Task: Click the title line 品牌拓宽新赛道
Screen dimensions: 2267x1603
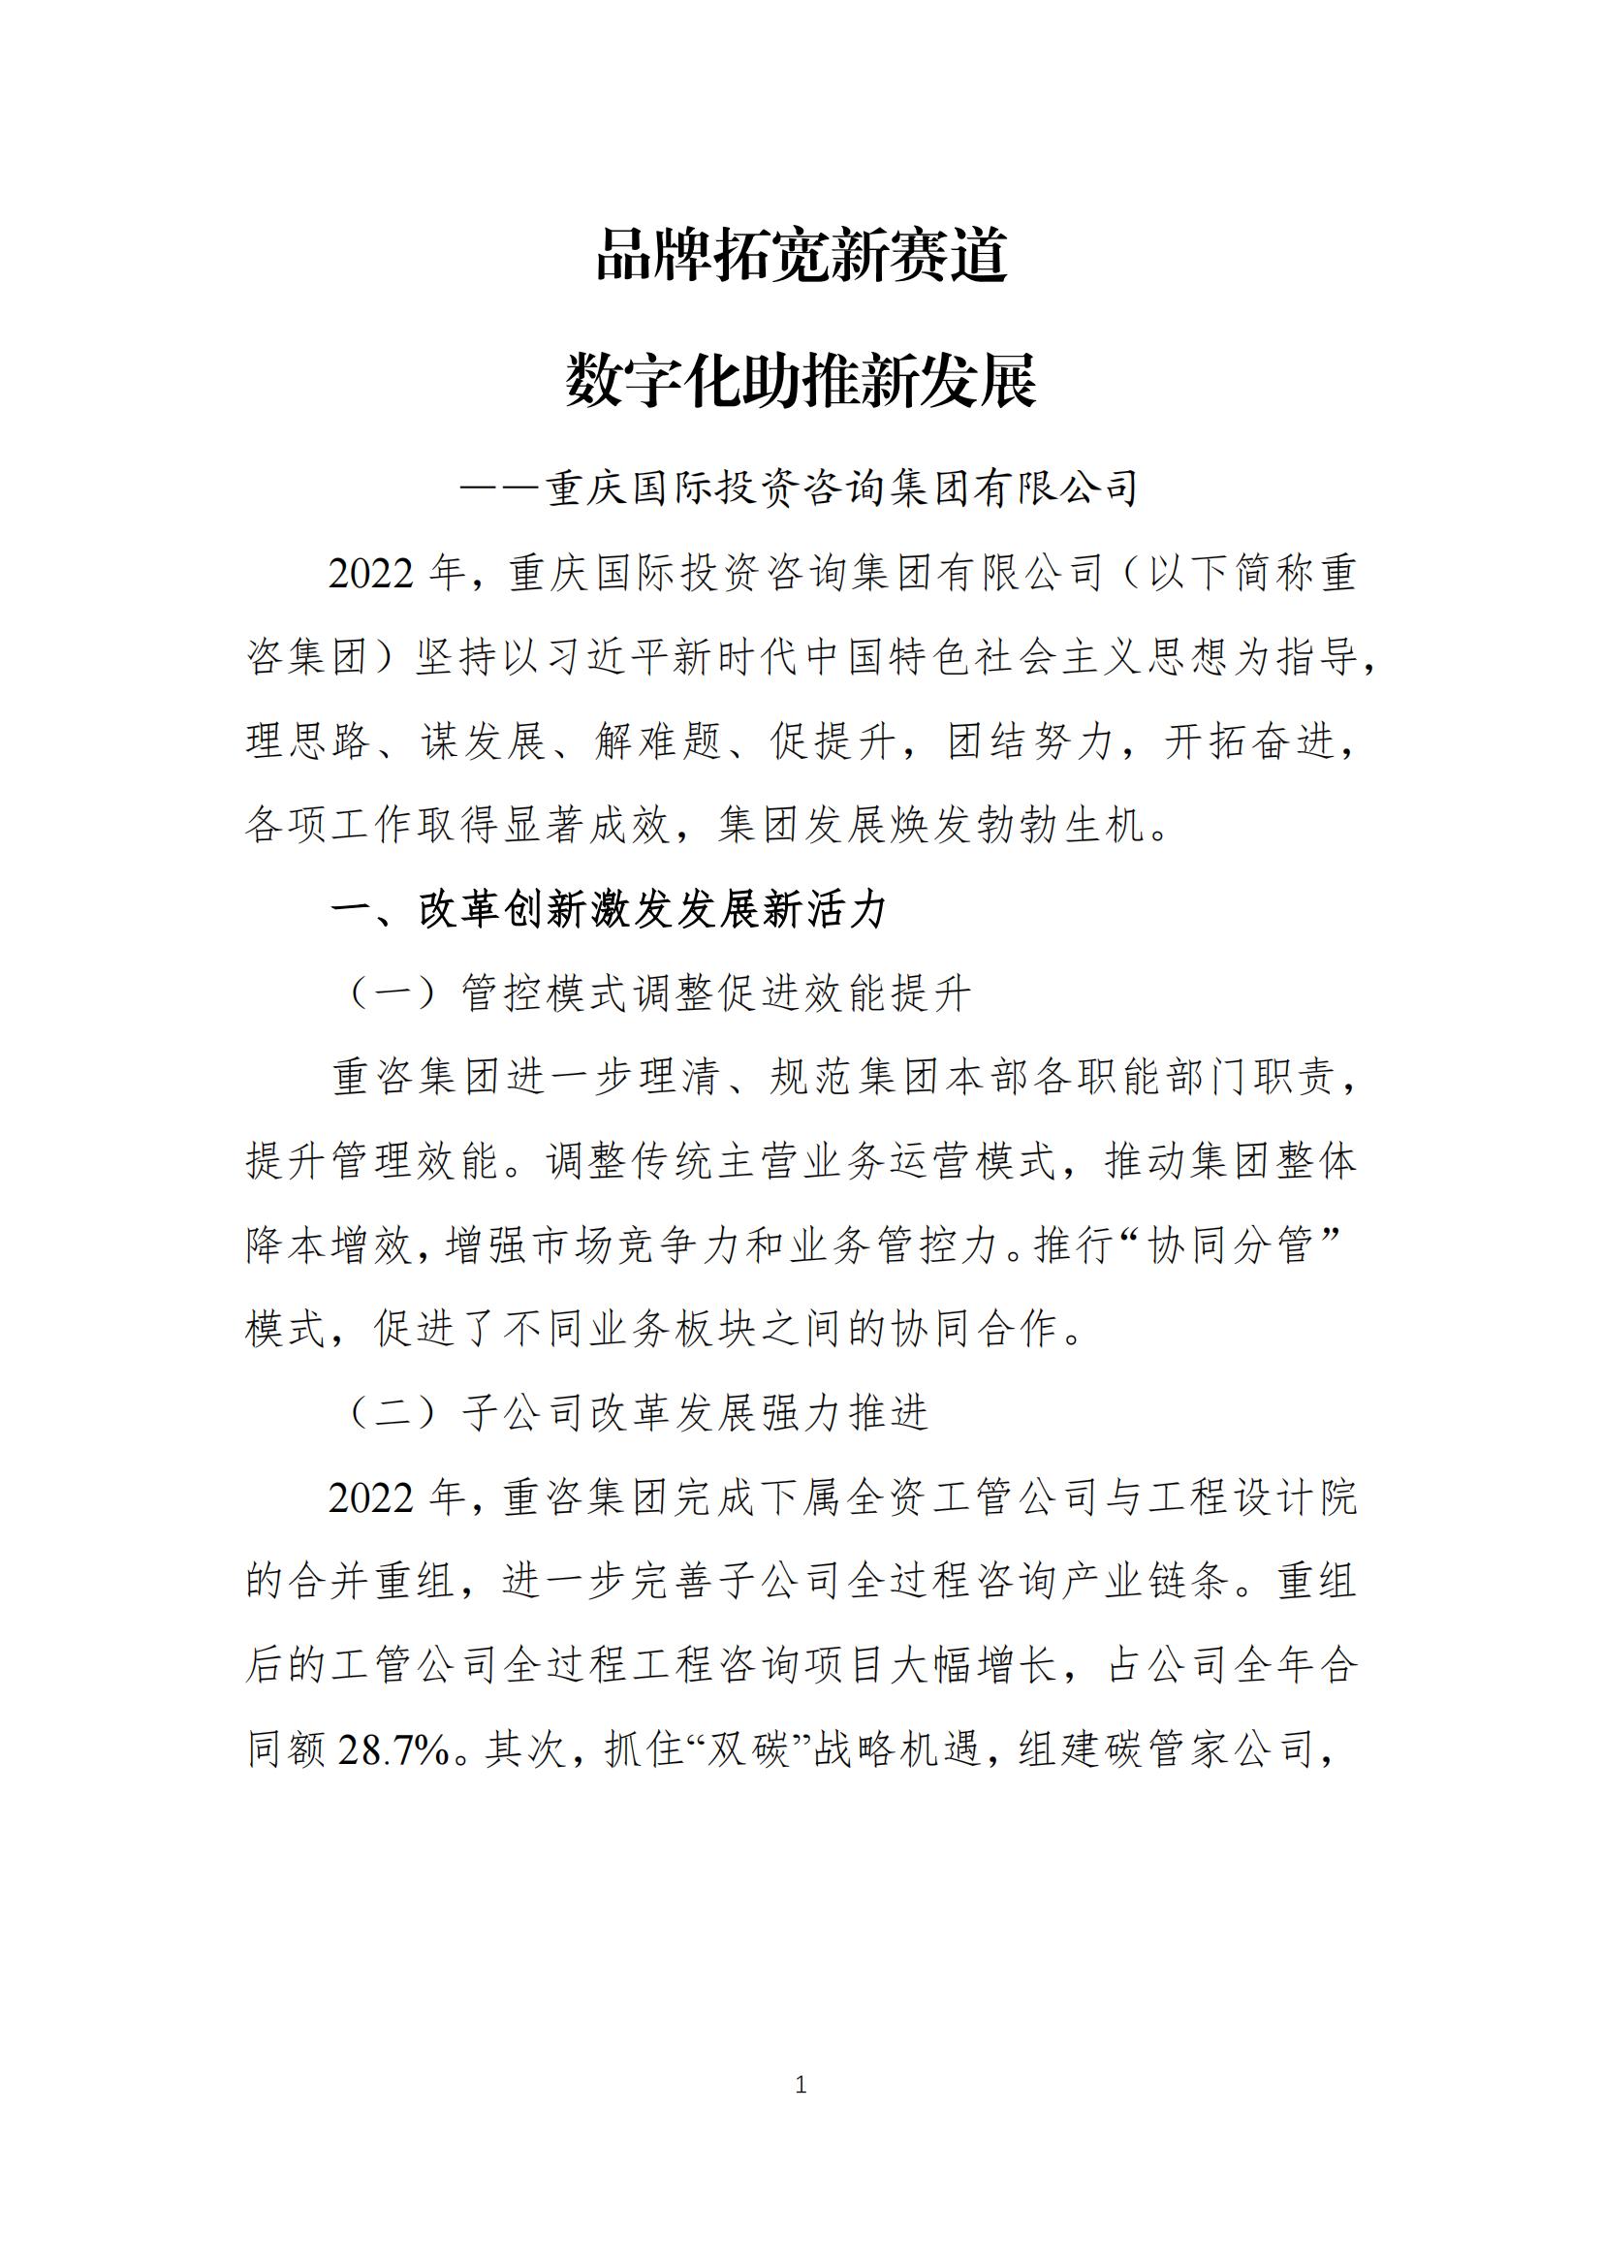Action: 801,256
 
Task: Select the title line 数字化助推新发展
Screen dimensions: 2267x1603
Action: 801,381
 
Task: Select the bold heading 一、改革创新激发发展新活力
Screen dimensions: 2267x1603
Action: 609,909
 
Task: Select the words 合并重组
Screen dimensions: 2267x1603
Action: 372,1583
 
